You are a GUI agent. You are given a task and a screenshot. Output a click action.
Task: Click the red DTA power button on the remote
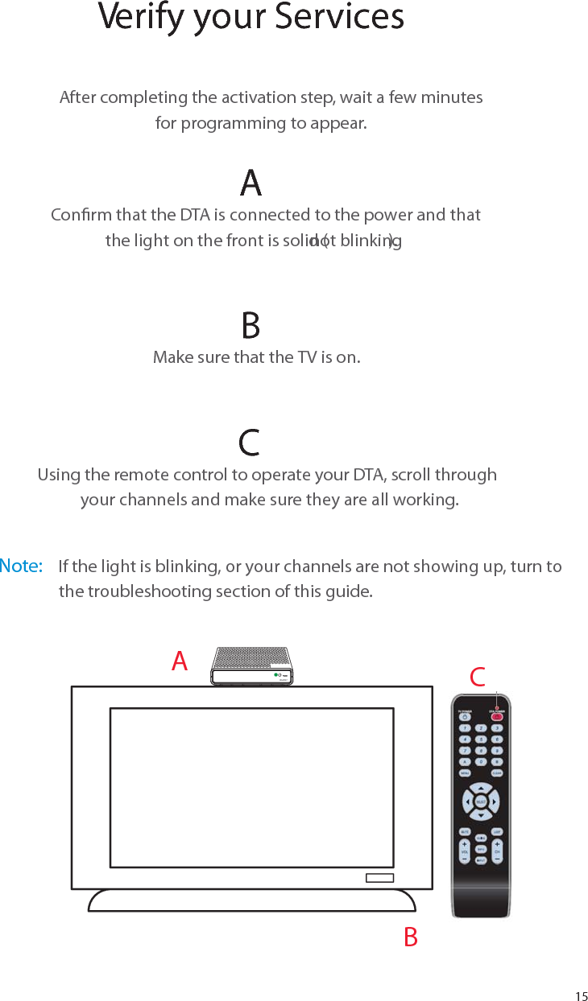pos(496,716)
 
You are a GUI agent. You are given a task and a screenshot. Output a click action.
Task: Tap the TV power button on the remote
pos(465,716)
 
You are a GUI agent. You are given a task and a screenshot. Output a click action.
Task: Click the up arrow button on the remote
pos(481,788)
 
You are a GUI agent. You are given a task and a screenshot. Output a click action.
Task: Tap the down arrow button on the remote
pos(481,816)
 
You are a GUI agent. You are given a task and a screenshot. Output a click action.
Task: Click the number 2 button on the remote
pos(481,728)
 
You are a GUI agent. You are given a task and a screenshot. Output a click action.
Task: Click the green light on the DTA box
pos(275,674)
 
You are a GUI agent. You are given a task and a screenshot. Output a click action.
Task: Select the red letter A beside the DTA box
pos(180,661)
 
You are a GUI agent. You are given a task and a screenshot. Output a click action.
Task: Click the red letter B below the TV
pos(411,937)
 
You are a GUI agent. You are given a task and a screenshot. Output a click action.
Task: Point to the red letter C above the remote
pos(478,678)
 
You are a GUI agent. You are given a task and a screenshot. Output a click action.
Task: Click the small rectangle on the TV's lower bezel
pos(379,877)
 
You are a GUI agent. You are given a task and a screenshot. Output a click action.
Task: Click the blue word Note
pos(21,566)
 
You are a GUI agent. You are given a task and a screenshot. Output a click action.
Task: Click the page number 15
pos(581,996)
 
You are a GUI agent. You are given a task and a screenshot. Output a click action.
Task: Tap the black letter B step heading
pos(251,326)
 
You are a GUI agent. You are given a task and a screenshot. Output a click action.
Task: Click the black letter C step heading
pos(250,443)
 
